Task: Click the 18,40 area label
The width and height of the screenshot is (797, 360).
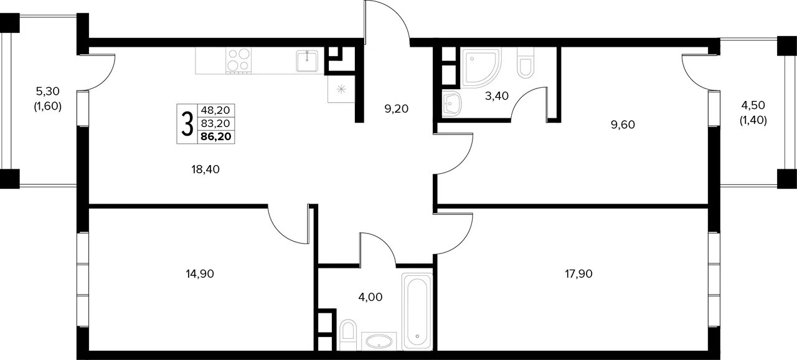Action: [205, 169]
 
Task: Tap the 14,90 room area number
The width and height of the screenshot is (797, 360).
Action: [200, 274]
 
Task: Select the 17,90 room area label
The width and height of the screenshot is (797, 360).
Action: [578, 274]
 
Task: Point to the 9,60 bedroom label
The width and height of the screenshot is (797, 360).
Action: [623, 125]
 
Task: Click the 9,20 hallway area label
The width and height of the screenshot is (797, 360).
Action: [397, 109]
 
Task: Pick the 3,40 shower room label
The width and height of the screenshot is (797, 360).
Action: [497, 96]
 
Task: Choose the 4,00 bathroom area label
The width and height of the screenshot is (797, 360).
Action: [370, 297]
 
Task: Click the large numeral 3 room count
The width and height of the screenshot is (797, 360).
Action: [187, 124]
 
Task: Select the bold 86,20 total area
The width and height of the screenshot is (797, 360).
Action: [216, 136]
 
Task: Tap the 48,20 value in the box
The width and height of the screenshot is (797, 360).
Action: [215, 110]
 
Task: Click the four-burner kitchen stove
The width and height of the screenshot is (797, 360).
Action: [238, 60]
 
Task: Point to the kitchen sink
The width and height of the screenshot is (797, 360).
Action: [307, 61]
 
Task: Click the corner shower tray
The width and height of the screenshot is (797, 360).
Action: [481, 67]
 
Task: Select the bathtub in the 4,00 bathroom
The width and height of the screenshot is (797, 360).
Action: [417, 311]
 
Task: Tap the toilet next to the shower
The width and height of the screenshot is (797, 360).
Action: [526, 63]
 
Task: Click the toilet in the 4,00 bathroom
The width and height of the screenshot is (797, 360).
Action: [348, 334]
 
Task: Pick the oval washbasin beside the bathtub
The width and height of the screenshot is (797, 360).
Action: [379, 341]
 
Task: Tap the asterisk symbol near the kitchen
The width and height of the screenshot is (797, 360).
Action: [341, 89]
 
